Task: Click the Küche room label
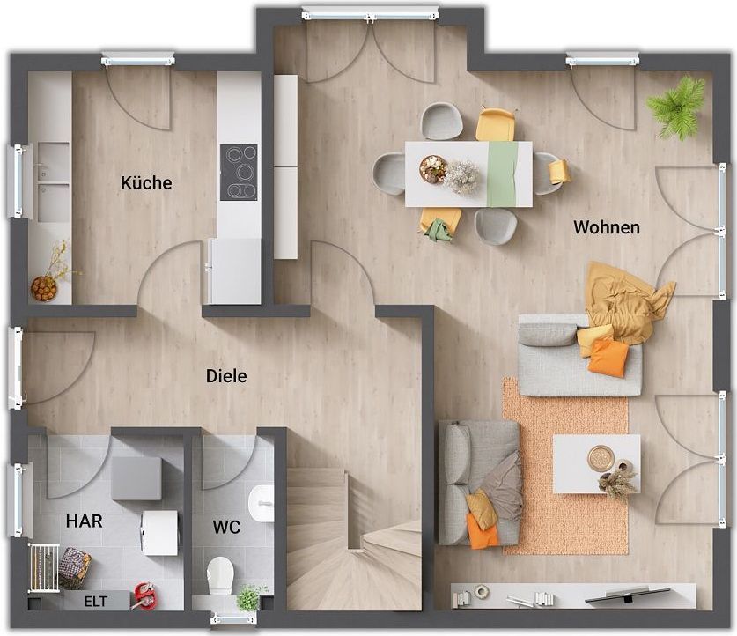pyautogui.click(x=146, y=183)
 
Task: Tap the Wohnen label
pyautogui.click(x=607, y=227)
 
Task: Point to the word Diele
pyautogui.click(x=226, y=376)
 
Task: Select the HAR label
pyautogui.click(x=85, y=521)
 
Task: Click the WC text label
pyautogui.click(x=226, y=527)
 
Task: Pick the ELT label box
pyautogui.click(x=96, y=602)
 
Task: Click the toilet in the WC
pyautogui.click(x=220, y=574)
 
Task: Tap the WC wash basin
pyautogui.click(x=262, y=504)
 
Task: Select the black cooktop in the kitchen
pyautogui.click(x=240, y=173)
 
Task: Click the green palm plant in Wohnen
pyautogui.click(x=677, y=108)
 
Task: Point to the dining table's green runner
pyautogui.click(x=503, y=174)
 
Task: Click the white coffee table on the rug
pyautogui.click(x=596, y=463)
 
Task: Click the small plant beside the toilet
pyautogui.click(x=249, y=597)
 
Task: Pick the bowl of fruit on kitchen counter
pyautogui.click(x=44, y=288)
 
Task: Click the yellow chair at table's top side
pyautogui.click(x=496, y=124)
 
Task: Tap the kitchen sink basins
pyautogui.click(x=54, y=182)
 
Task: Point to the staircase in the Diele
pyautogui.click(x=354, y=540)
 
